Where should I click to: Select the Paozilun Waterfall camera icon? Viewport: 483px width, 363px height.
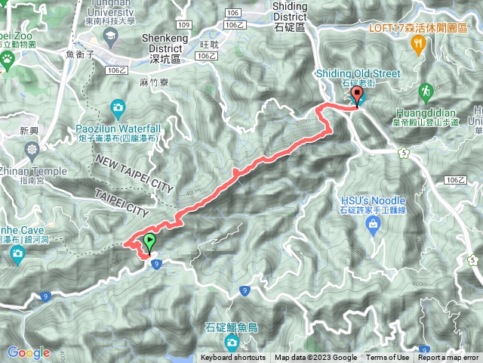(x=117, y=107)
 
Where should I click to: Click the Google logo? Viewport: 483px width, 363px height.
(x=29, y=352)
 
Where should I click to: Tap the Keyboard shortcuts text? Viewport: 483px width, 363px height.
(x=233, y=358)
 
